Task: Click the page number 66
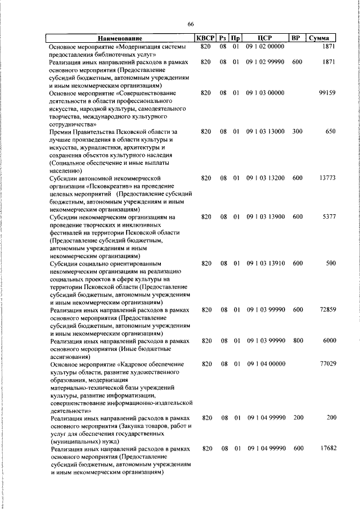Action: (190, 24)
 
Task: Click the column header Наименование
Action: (119, 38)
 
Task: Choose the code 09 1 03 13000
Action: (265, 132)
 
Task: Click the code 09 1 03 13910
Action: (265, 263)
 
